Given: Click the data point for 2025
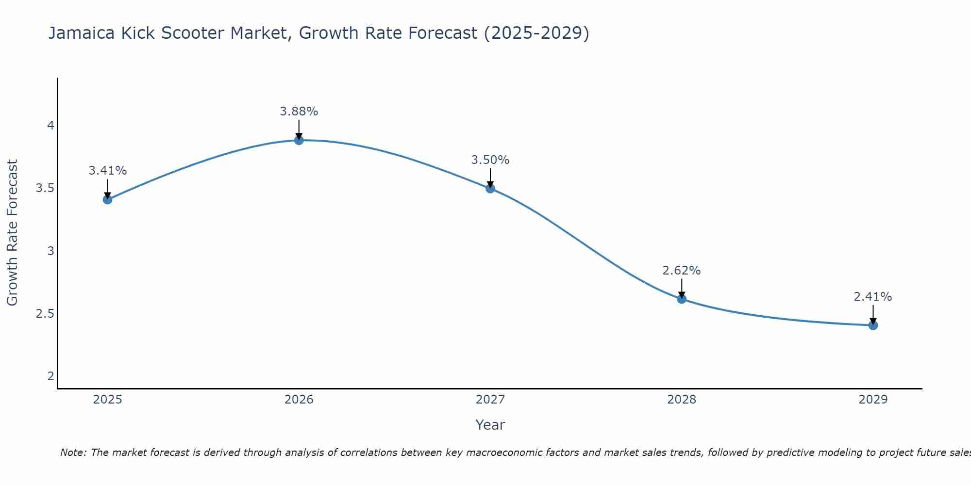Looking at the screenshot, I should pos(107,199).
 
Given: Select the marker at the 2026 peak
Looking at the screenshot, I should pos(299,140).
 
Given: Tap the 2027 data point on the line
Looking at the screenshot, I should pos(490,188).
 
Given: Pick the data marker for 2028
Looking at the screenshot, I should pos(682,299).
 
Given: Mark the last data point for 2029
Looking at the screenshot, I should pos(873,325).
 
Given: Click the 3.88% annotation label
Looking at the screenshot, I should pos(299,112).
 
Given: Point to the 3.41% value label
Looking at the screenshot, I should pos(107,171).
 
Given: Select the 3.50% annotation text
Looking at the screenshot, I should pos(490,160).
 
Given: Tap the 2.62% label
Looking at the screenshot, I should pos(682,271).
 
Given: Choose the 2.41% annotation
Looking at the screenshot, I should pos(873,297).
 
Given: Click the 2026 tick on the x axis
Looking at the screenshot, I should pos(299,400).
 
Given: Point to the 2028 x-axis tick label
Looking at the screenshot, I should pos(682,400).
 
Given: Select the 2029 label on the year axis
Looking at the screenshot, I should pos(873,400).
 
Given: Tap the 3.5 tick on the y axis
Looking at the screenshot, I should pos(45,188).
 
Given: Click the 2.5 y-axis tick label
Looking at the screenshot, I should pos(45,314).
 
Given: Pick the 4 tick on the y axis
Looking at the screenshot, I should pos(50,126).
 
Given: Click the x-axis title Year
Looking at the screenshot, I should pos(490,425).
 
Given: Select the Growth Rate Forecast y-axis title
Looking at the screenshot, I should pos(13,233).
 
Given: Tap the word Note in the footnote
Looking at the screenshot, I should pos(73,453).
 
